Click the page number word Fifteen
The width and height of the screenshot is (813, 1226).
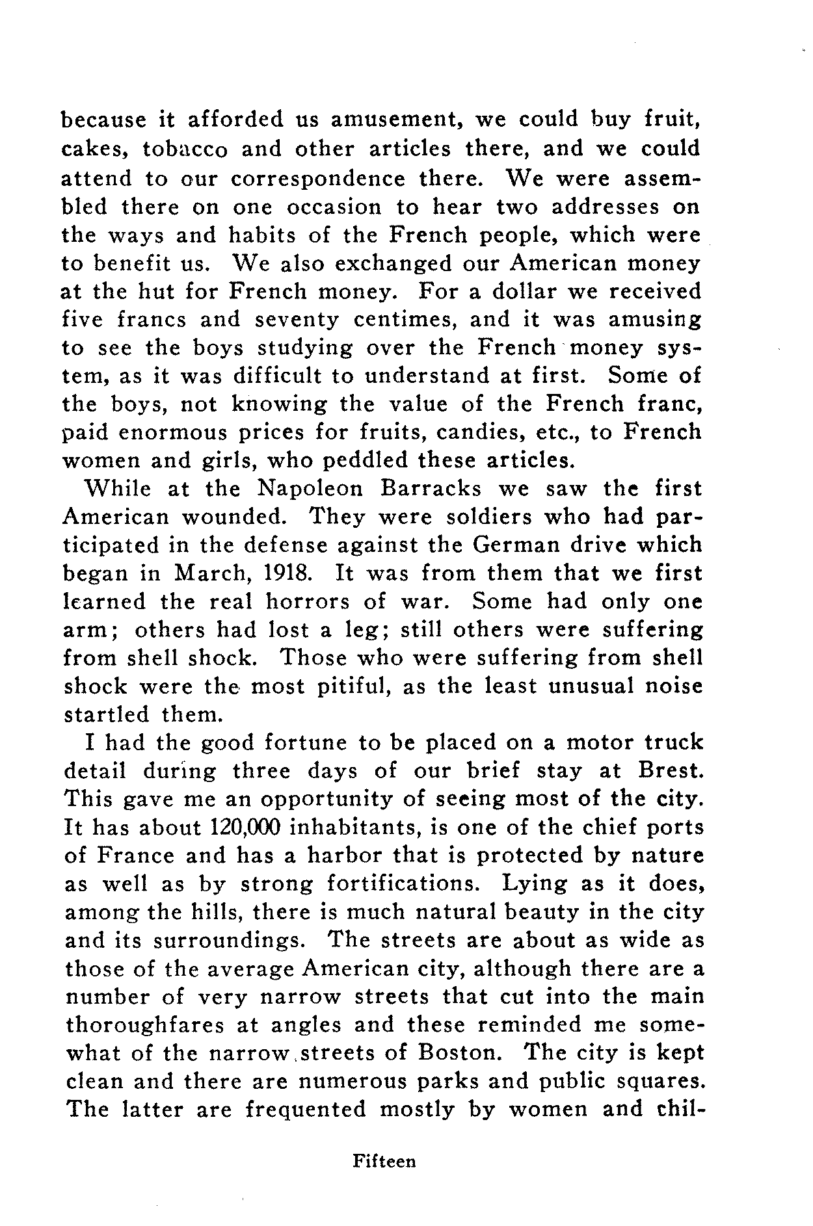(x=384, y=1161)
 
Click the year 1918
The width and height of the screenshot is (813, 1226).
(x=293, y=573)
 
